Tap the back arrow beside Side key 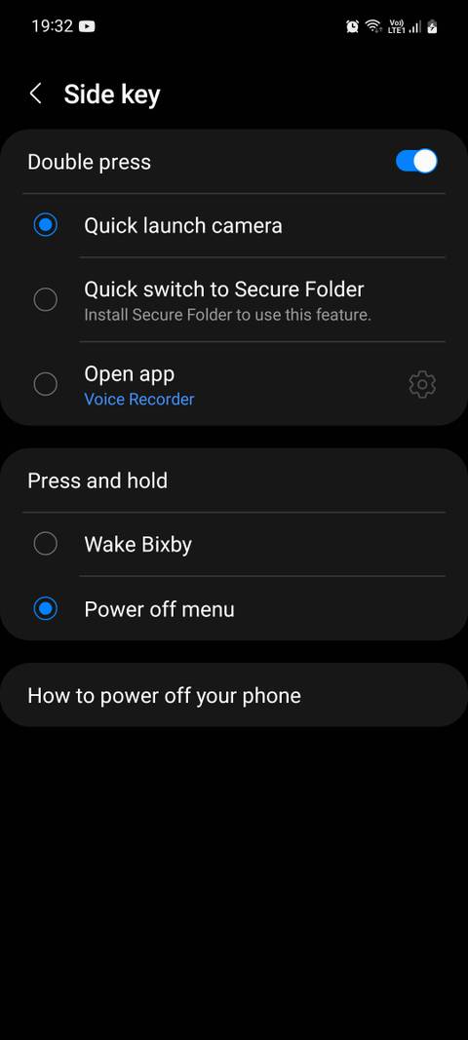pos(36,94)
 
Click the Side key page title pos(111,95)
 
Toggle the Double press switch pos(416,161)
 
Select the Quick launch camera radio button pos(46,225)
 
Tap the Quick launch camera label pos(183,225)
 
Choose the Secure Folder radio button pos(46,299)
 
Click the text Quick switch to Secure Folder pos(224,289)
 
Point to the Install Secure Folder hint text pos(227,315)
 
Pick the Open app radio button pos(46,384)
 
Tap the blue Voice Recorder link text pos(139,399)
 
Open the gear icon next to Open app pos(422,385)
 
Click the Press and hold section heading pos(97,481)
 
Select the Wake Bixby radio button pos(46,544)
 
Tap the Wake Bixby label pos(137,544)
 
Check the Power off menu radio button pos(46,609)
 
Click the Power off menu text pos(159,609)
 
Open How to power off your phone pos(164,696)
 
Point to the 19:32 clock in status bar pos(52,26)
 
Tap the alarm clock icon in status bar pos(352,26)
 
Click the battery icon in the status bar pos(432,26)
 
